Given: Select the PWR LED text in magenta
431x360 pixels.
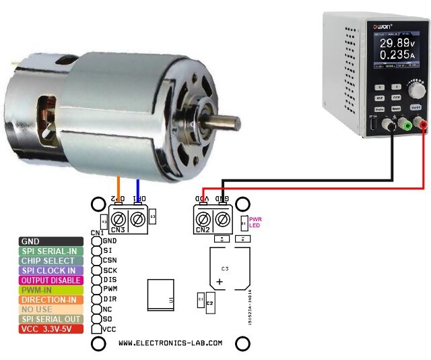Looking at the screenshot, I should pos(255,222).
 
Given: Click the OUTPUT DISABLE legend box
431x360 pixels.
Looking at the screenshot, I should pos(51,280).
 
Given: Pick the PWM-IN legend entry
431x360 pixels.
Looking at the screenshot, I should pos(51,290).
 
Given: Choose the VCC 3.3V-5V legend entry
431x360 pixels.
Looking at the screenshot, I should pos(51,329).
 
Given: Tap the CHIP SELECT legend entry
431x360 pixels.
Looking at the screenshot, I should pos(51,260).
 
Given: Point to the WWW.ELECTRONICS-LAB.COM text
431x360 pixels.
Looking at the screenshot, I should pos(170,343).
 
